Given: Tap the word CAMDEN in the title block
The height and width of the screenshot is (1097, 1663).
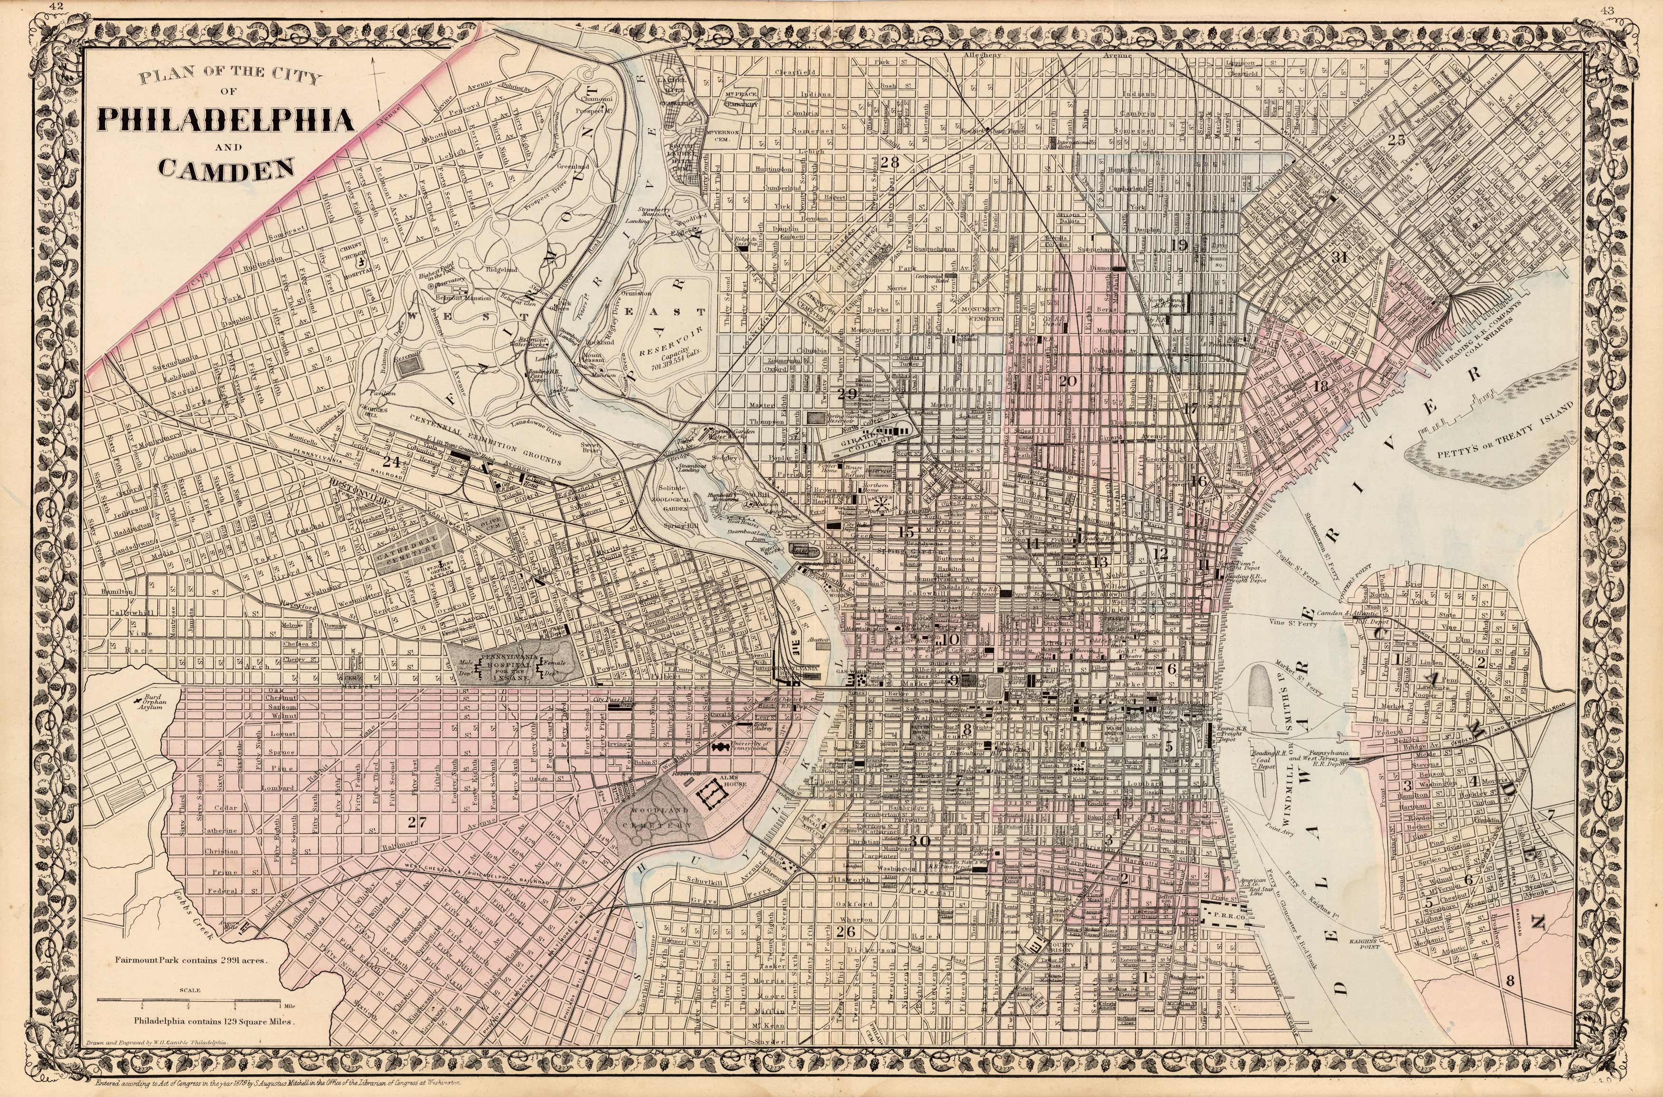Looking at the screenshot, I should click(226, 168).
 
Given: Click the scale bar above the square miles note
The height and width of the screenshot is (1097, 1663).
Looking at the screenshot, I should click(189, 1001).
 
